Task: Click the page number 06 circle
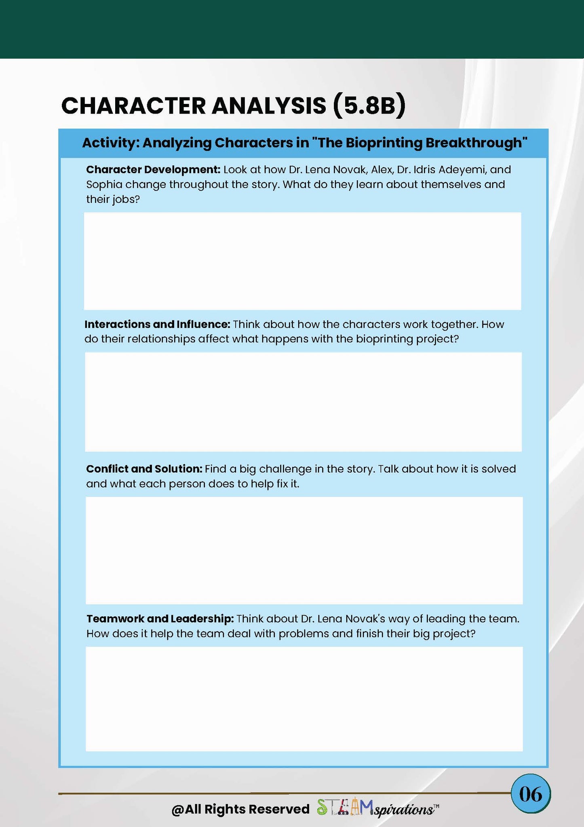[530, 794]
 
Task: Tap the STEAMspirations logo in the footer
[377, 808]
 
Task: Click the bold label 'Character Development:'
[153, 169]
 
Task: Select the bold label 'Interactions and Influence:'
[157, 324]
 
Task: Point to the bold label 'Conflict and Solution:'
[144, 469]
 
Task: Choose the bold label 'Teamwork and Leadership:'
[160, 618]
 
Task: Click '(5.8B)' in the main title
[369, 106]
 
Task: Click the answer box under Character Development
[302, 261]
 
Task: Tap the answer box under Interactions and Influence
[303, 402]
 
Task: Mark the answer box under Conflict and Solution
[304, 550]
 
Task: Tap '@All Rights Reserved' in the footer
[240, 809]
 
